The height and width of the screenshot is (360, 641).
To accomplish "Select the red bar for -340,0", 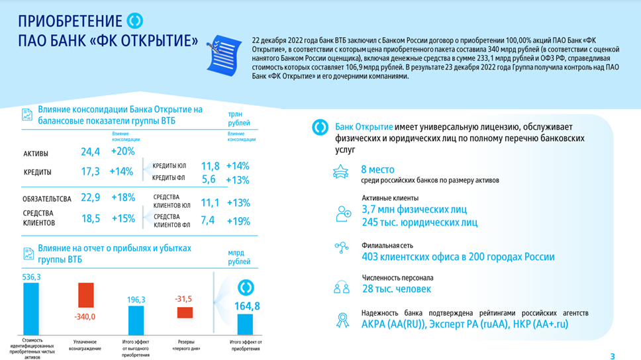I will (85, 295).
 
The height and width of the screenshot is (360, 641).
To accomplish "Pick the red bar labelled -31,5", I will (185, 312).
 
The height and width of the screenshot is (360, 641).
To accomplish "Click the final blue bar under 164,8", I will (245, 324).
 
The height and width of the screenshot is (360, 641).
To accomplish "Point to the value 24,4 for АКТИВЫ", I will (90, 152).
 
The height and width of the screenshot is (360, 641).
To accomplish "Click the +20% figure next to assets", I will (123, 152).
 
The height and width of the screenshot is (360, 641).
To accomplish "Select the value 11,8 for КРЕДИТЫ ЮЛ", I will (210, 166).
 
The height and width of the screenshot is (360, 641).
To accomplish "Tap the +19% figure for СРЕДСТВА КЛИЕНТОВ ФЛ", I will (238, 221).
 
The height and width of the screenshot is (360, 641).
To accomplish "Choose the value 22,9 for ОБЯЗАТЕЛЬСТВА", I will (90, 197).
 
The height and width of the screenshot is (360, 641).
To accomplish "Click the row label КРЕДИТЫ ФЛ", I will (169, 179).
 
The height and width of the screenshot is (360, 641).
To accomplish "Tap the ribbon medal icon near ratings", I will (342, 320).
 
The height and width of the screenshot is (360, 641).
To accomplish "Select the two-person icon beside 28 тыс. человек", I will (342, 288).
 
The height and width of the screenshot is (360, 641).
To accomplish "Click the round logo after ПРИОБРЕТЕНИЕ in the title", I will (135, 21).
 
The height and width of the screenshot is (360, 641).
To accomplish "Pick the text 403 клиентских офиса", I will (407, 257).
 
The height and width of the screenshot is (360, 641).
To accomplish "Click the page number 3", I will (613, 356).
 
